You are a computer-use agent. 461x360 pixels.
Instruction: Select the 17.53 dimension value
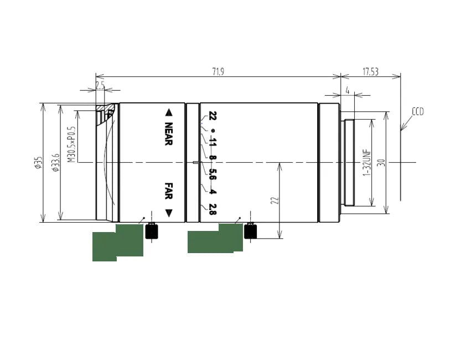click(370, 71)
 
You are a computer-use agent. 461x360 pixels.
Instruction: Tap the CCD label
click(417, 111)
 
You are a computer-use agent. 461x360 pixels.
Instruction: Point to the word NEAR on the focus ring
click(169, 134)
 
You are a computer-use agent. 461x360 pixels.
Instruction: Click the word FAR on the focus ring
click(169, 191)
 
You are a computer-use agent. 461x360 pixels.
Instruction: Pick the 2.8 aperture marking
click(211, 208)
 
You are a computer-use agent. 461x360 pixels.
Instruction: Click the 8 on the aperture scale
click(211, 158)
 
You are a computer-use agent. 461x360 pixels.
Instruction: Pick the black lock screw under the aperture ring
click(251, 231)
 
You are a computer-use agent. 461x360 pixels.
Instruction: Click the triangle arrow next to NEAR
click(169, 113)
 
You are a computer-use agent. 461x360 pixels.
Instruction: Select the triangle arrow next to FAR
click(169, 213)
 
